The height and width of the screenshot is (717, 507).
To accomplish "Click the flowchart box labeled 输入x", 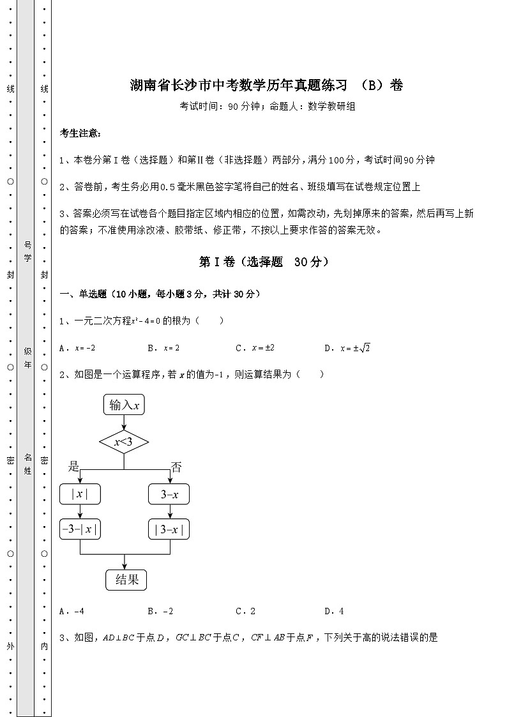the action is coord(124,405).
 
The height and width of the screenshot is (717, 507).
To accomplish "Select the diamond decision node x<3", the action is coord(124,442).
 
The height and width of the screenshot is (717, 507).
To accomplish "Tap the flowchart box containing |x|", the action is coord(80,494).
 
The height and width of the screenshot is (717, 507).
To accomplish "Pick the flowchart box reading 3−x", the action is coord(169,494).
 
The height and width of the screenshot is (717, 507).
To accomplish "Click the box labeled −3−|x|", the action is coord(80,529).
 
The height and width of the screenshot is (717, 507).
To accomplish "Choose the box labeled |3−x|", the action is coord(169,529).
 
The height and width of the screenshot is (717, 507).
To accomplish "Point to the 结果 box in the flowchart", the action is coord(126,579).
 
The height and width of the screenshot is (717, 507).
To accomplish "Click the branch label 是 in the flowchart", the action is coord(74,467).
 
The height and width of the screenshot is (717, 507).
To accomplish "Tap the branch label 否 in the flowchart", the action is coord(176,467).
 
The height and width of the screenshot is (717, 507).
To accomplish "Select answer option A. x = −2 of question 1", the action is coord(77,348).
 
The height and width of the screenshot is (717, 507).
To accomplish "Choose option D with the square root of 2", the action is coord(347,348).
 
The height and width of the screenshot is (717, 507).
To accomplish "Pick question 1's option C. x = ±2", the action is coord(255,348).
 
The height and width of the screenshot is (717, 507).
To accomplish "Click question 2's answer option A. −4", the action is coord(72,611).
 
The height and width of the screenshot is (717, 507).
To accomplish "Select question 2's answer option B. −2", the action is coord(160,611).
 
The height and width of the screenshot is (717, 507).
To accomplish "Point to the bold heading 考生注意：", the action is coord(80,133).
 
